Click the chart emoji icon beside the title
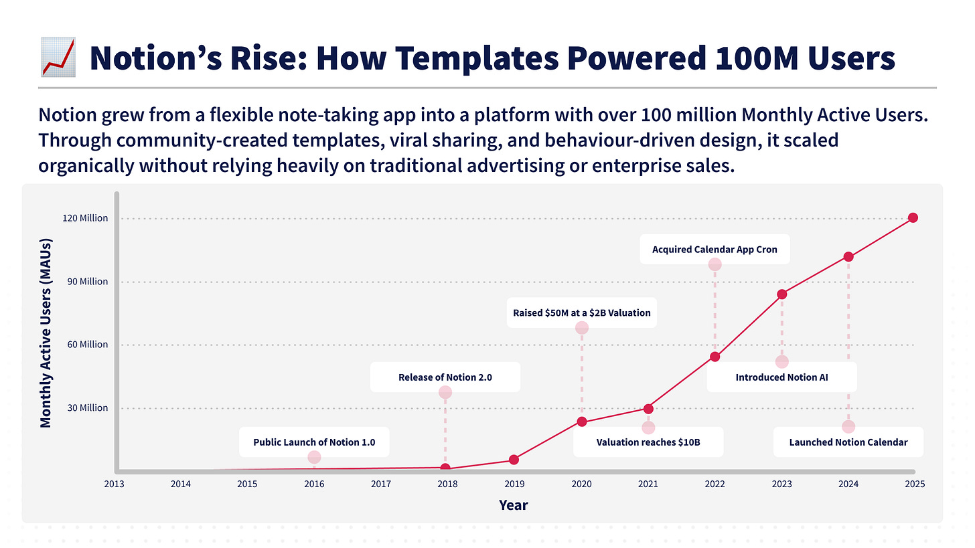pyautogui.click(x=58, y=58)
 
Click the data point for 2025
pyautogui.click(x=913, y=217)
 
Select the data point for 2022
pyautogui.click(x=715, y=357)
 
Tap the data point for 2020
pyautogui.click(x=582, y=422)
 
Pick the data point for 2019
pyautogui.click(x=514, y=460)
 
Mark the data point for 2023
pyautogui.click(x=781, y=294)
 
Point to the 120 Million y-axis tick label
pyautogui.click(x=85, y=218)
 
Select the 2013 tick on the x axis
pyautogui.click(x=113, y=484)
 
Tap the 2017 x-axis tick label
pyautogui.click(x=381, y=484)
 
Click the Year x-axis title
pyautogui.click(x=513, y=505)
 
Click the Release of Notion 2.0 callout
pyautogui.click(x=445, y=377)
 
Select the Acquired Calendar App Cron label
pyautogui.click(x=715, y=250)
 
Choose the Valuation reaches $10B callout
pyautogui.click(x=648, y=442)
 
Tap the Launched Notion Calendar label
pyautogui.click(x=848, y=442)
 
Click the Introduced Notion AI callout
pyautogui.click(x=781, y=377)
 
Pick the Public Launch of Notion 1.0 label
pyautogui.click(x=314, y=442)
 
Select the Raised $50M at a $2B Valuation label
pyautogui.click(x=581, y=312)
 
